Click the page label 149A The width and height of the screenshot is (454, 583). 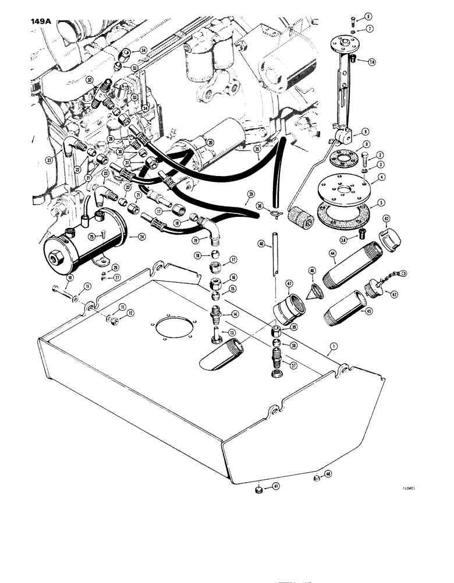click(38, 24)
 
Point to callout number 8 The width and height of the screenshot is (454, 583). click(365, 132)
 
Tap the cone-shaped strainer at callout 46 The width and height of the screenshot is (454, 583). click(315, 290)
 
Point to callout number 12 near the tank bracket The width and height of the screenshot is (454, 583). click(115, 313)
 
